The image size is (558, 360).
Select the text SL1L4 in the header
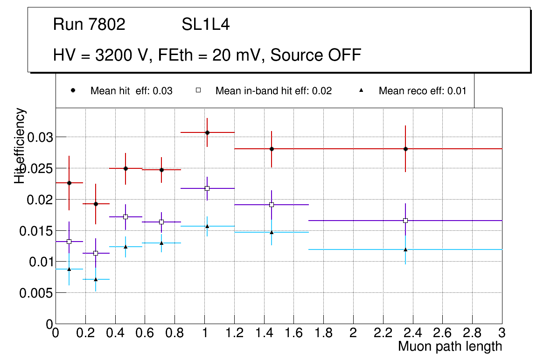click(206, 25)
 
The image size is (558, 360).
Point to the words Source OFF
click(316, 55)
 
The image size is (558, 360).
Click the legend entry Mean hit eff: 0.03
click(131, 91)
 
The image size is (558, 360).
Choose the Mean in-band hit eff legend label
click(273, 91)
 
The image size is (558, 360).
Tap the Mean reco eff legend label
click(422, 91)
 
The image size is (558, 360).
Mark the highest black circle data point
click(207, 132)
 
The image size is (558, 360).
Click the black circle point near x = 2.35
click(405, 149)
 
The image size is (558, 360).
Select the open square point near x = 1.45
click(272, 205)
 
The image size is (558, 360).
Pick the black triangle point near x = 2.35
click(405, 249)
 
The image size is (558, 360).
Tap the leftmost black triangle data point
click(69, 269)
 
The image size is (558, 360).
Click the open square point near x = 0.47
click(126, 217)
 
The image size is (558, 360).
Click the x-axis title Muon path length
click(450, 346)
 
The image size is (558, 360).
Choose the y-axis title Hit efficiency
click(20, 145)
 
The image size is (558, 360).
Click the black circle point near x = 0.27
click(96, 204)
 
